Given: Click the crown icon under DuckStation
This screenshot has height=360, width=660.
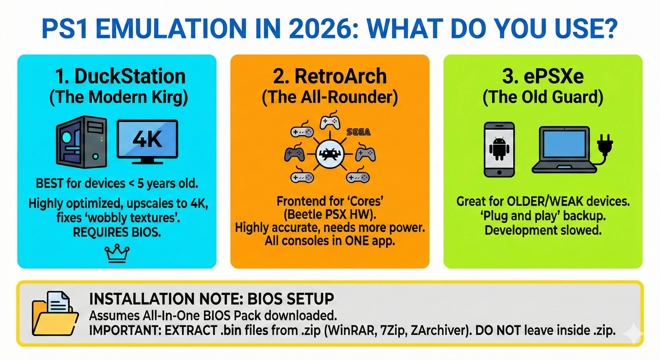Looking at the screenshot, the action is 117,253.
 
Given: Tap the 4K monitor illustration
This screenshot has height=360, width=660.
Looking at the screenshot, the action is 147,142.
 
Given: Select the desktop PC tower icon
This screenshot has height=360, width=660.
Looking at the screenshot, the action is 82,142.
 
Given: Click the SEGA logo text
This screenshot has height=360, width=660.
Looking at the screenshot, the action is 358,132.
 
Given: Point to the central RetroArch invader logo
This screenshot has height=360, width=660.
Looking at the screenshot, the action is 330,154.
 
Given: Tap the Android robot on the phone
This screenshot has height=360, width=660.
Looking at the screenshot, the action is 499,149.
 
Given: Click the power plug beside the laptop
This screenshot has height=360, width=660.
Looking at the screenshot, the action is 605,146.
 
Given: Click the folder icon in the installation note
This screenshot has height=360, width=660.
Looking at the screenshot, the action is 55,313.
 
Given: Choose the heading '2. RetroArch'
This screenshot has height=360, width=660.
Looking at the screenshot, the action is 330,76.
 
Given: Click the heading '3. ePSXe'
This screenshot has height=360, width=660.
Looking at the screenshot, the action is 543,76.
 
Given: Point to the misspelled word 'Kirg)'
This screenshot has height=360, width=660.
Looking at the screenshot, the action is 169,97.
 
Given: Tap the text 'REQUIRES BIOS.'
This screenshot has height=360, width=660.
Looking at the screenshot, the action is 117,233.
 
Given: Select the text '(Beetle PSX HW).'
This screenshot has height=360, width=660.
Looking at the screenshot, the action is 330,214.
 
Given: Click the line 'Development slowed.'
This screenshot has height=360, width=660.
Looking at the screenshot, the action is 543,230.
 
